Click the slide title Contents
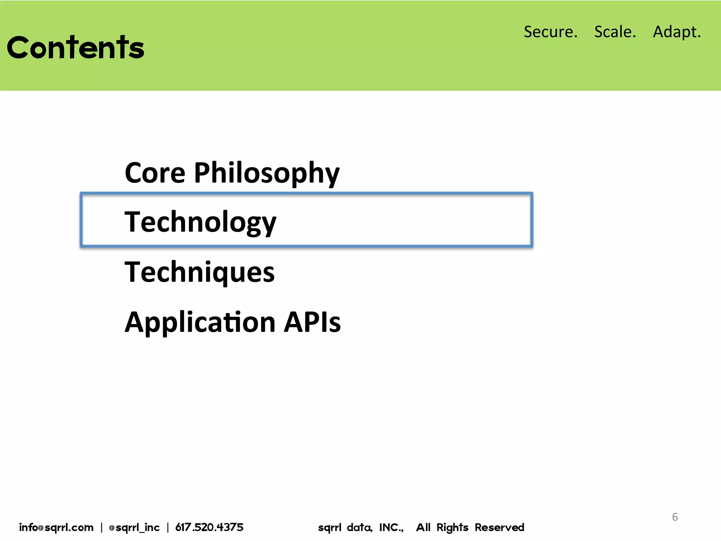tap(75, 48)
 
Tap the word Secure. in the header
tap(551, 32)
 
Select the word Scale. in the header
tap(615, 32)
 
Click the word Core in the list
tap(155, 173)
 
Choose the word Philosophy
tap(267, 174)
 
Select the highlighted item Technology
tap(200, 222)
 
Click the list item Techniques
tap(200, 272)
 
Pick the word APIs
tap(312, 322)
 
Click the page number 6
tap(675, 517)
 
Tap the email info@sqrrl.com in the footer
tap(56, 527)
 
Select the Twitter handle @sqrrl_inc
tap(134, 528)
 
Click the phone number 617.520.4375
tap(209, 527)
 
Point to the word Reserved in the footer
tap(499, 527)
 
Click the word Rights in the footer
tap(452, 528)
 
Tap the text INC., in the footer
tap(391, 527)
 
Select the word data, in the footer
tap(359, 527)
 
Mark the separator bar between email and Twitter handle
tap(101, 527)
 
